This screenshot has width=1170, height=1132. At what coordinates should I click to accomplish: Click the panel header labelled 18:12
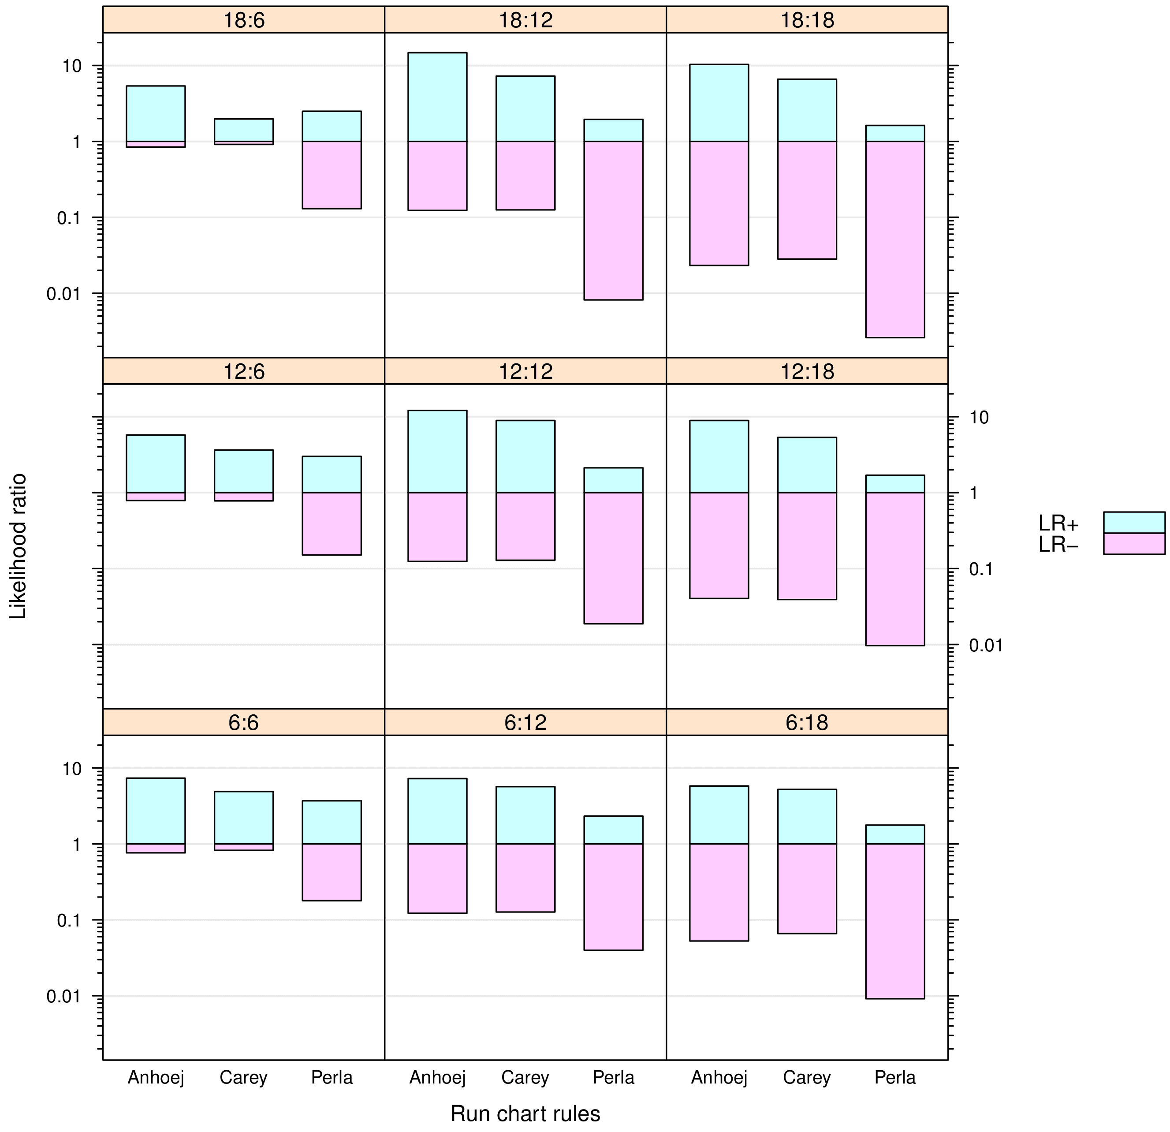(525, 20)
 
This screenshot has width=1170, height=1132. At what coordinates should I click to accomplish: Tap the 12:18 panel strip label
(807, 371)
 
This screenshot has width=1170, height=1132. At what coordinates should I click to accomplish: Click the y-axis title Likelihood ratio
(19, 546)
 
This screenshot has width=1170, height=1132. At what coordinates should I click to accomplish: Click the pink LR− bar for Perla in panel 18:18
(895, 239)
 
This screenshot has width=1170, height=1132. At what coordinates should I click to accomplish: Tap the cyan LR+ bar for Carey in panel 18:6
(243, 130)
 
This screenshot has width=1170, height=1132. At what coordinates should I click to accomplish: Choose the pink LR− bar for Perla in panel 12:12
(614, 558)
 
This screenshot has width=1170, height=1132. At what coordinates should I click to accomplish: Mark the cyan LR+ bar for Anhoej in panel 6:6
(156, 811)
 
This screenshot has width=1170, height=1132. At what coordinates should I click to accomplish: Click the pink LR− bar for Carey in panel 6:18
(807, 889)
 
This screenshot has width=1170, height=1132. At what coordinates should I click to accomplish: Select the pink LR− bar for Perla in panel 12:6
(332, 523)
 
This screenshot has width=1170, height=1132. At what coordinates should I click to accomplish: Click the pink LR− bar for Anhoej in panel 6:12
(438, 878)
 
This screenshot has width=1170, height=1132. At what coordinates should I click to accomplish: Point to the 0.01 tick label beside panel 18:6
(64, 294)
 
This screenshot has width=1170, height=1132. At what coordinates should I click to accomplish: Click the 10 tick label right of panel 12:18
(979, 417)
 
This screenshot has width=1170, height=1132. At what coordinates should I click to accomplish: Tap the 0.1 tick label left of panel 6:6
(69, 920)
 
